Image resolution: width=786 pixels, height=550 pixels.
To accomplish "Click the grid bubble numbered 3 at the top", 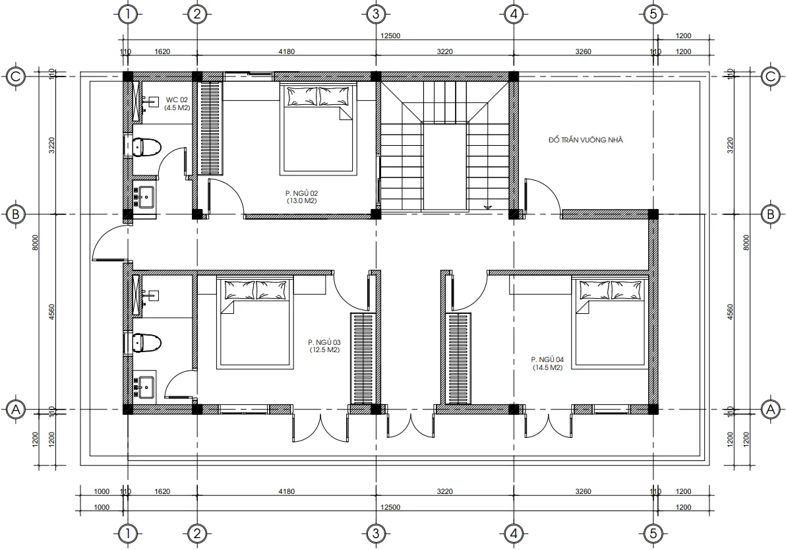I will (375, 13).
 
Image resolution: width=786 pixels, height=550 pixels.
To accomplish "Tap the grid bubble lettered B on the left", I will (16, 214).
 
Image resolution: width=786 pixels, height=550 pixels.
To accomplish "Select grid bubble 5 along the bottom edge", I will (652, 533).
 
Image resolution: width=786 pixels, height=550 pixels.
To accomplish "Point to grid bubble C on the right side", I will (769, 76).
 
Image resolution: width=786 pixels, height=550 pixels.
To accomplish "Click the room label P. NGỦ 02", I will (301, 194).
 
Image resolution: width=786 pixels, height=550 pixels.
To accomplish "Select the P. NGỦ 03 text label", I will (324, 342).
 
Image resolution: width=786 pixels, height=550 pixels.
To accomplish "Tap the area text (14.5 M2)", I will (547, 367).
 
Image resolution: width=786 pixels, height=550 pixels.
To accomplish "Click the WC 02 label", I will (176, 100).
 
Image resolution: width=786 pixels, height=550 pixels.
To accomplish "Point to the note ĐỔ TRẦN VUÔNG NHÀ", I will (586, 140).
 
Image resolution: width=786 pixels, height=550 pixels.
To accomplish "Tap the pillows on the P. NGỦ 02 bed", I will (319, 97).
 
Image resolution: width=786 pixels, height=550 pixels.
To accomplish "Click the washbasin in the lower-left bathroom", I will (144, 386).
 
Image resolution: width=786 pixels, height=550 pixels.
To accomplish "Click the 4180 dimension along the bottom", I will (286, 491).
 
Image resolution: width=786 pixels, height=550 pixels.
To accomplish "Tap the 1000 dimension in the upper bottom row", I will (101, 491).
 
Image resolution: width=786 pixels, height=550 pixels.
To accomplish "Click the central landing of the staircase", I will (445, 168).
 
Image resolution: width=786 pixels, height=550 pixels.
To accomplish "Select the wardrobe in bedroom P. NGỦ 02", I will (211, 127).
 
